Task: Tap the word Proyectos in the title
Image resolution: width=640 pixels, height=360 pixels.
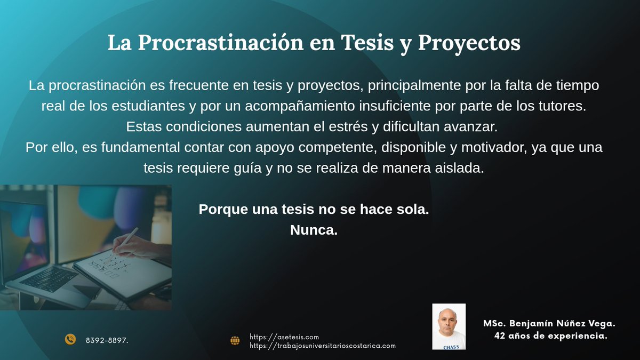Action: pos(469,44)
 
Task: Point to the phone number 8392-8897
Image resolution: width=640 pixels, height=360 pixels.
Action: pos(107,340)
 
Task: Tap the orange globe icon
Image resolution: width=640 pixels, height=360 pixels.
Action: pos(235,340)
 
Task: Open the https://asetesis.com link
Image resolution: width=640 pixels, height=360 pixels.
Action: pos(284,337)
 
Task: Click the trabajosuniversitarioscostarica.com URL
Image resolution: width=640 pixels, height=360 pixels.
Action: pos(323,346)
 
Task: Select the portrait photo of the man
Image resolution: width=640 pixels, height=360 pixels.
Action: pos(449,326)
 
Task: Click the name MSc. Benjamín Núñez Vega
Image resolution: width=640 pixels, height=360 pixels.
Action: pos(549,324)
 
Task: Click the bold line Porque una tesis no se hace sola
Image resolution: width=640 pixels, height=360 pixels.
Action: pos(314,210)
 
